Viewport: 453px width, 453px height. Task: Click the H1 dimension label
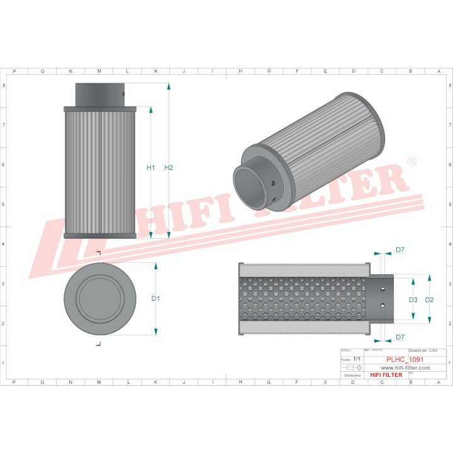(150, 168)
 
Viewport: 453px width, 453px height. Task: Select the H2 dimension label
(169, 167)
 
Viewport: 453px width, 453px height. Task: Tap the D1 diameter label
(155, 299)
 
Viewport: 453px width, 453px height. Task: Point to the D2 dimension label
(430, 299)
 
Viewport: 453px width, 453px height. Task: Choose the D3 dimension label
(413, 299)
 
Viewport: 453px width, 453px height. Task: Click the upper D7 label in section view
(400, 251)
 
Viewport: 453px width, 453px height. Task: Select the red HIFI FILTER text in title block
(385, 375)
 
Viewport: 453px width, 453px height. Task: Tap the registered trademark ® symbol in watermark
(412, 162)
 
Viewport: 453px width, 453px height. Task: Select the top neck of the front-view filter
(99, 94)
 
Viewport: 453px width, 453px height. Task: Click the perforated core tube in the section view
(302, 299)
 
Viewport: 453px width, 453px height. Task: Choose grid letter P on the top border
(14, 72)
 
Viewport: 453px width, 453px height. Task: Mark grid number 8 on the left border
(5, 86)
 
